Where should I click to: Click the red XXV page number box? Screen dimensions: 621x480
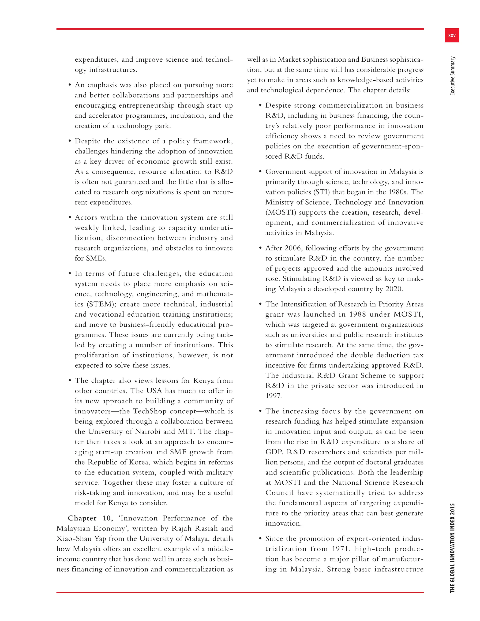click(452, 36)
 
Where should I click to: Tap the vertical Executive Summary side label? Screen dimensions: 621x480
click(452, 76)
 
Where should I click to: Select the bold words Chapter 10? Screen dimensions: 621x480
click(90, 518)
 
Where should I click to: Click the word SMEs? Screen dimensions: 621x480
click(90, 258)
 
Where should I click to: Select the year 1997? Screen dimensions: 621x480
click(273, 396)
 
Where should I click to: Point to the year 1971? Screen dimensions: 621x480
click(340, 549)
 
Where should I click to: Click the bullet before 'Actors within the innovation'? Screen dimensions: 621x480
click(69, 218)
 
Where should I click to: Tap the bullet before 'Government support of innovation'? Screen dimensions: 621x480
click(260, 172)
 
